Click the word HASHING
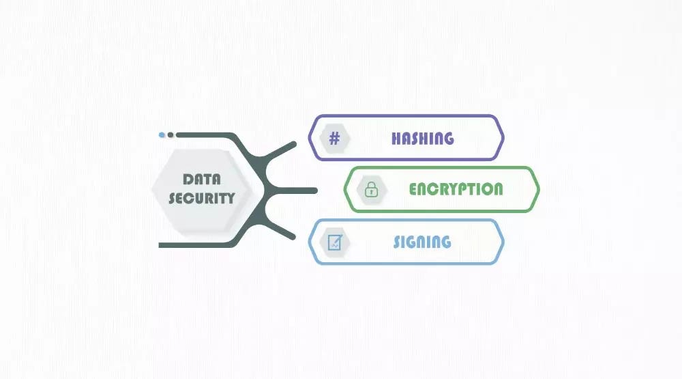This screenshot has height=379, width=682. point(422,138)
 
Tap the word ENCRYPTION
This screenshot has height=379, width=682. point(456,189)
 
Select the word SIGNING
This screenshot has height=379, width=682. point(422,242)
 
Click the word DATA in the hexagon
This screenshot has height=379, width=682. point(202,180)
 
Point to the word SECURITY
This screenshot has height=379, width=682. point(201,198)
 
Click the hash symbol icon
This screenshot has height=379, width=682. point(334,139)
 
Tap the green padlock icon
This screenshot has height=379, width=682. point(371,190)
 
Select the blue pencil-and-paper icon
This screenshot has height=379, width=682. point(335,242)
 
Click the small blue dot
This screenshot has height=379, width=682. point(162,135)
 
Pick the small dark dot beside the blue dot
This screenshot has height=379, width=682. point(170,135)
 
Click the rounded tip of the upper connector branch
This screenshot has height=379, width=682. point(293,145)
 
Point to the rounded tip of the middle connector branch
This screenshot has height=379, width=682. point(314,190)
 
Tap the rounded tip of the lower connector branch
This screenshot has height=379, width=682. point(293,236)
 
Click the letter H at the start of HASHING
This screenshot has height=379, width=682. point(396,138)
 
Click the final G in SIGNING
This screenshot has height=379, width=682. point(445,242)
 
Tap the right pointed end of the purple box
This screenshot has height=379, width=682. point(503,138)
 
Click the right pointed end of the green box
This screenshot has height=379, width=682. point(538,189)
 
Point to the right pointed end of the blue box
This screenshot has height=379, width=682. point(503,242)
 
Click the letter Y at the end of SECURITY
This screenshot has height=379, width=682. point(230,198)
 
